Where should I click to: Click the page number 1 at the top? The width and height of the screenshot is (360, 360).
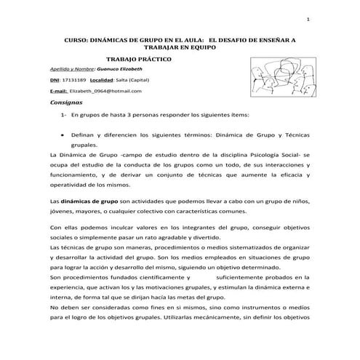click(x=308, y=19)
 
